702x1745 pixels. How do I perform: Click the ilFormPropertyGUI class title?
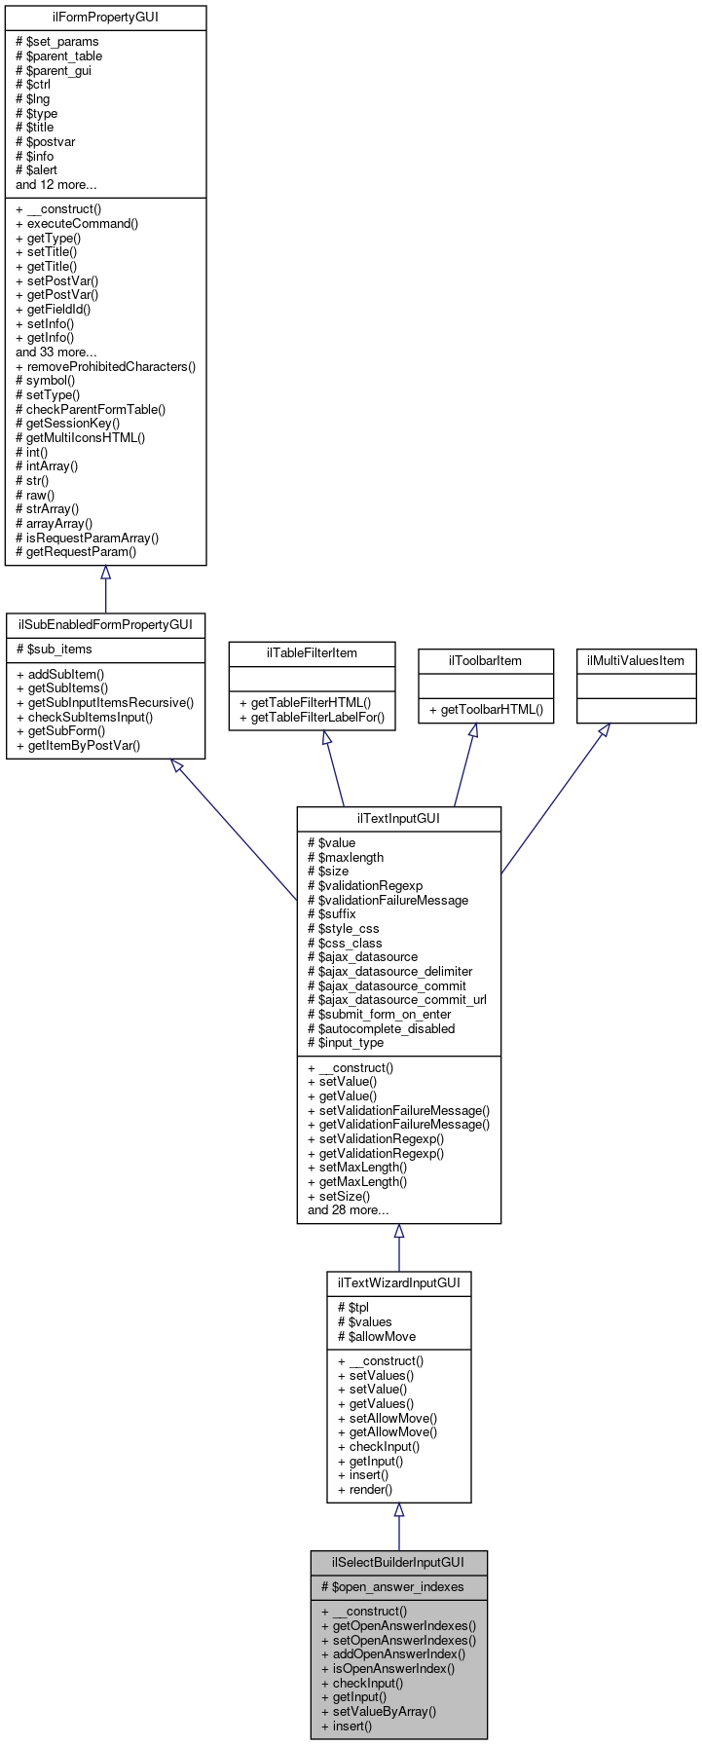point(105,18)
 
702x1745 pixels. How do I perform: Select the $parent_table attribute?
point(59,56)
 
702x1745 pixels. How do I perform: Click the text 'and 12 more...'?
point(56,184)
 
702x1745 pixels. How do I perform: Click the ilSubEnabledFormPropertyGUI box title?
point(105,623)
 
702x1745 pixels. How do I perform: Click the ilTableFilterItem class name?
point(312,652)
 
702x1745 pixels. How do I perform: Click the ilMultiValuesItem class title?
point(636,660)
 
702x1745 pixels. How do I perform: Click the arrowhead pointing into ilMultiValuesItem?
point(604,730)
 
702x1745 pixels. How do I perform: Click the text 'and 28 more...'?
point(349,1210)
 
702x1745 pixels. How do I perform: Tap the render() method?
point(365,1489)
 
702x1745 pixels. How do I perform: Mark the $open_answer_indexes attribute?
point(392,1586)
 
